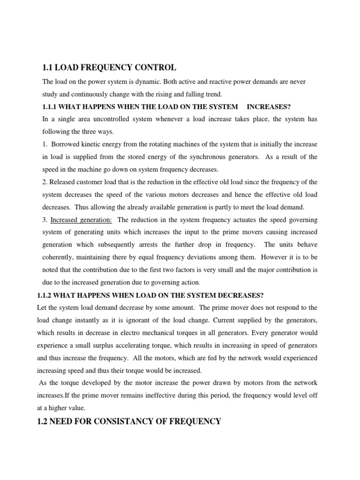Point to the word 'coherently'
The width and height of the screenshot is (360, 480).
click(x=58, y=257)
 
